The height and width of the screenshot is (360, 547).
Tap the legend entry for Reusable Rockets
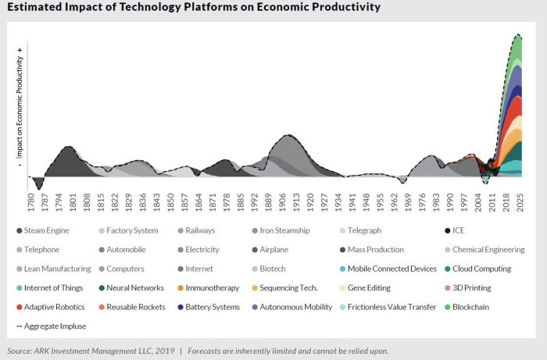point(134,307)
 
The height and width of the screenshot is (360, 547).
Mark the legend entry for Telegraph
point(366,230)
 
